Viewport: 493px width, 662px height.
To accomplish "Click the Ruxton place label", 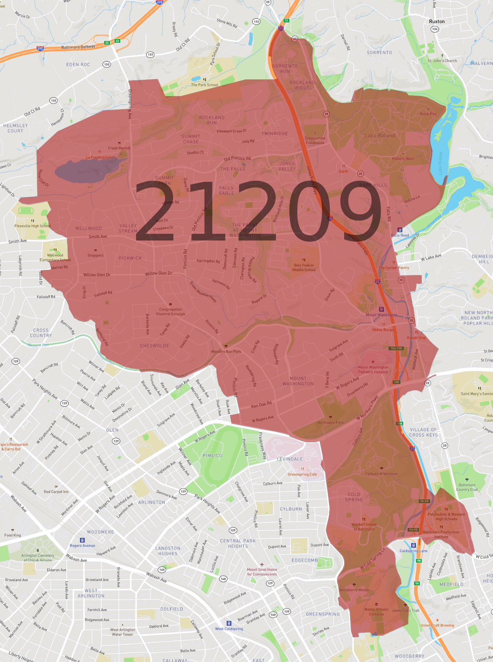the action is pyautogui.click(x=437, y=21).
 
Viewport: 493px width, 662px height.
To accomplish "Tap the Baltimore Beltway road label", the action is pyautogui.click(x=78, y=47).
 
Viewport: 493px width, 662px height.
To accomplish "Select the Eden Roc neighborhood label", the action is pyautogui.click(x=78, y=64).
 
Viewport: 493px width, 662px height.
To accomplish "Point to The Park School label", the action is pyautogui.click(x=204, y=85).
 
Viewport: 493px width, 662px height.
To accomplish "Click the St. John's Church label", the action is pyautogui.click(x=442, y=61).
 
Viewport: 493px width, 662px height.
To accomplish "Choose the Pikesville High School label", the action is pyautogui.click(x=33, y=226).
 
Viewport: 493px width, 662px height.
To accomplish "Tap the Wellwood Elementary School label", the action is pyautogui.click(x=55, y=258).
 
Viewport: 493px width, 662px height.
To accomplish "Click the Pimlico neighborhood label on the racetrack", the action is pyautogui.click(x=212, y=456).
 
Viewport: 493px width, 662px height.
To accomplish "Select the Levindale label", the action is pyautogui.click(x=289, y=459).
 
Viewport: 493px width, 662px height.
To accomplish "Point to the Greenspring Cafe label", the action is pyautogui.click(x=302, y=474).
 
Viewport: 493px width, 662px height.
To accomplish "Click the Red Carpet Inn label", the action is pyautogui.click(x=56, y=492).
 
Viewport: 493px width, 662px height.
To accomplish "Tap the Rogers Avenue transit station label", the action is pyautogui.click(x=82, y=545).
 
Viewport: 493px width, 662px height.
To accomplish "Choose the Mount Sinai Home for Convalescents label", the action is pyautogui.click(x=262, y=572).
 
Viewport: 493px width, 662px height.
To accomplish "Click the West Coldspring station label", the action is pyautogui.click(x=229, y=629).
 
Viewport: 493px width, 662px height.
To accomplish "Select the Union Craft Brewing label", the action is pyautogui.click(x=437, y=625).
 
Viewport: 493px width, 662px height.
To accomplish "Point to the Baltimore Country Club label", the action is pyautogui.click(x=467, y=487).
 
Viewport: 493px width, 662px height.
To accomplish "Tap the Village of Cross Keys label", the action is pyautogui.click(x=423, y=432).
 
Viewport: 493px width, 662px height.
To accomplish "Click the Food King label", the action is pyautogui.click(x=13, y=535).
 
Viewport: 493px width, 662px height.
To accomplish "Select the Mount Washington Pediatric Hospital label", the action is pyautogui.click(x=373, y=369).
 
